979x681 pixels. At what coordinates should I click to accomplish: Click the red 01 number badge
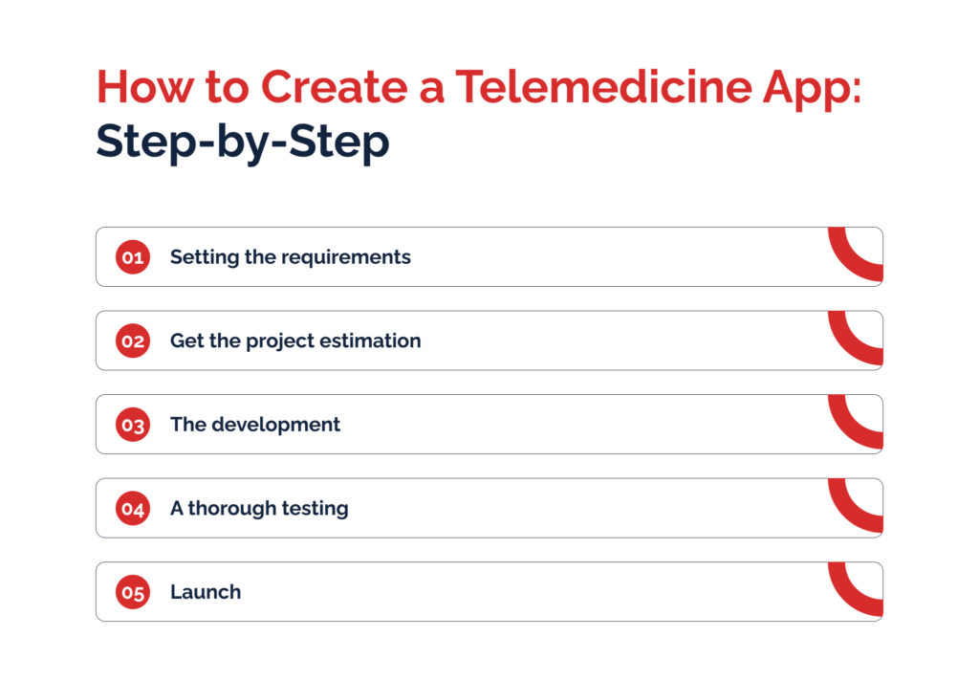pyautogui.click(x=132, y=256)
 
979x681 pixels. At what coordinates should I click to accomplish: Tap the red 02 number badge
pyautogui.click(x=132, y=340)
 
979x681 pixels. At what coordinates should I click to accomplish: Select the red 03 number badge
pyautogui.click(x=132, y=425)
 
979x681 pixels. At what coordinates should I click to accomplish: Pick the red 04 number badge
pyautogui.click(x=132, y=508)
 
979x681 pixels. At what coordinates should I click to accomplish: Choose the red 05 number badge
pyautogui.click(x=132, y=592)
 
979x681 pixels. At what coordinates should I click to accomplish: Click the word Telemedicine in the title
pyautogui.click(x=604, y=86)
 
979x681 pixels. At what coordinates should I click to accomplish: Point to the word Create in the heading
pyautogui.click(x=334, y=86)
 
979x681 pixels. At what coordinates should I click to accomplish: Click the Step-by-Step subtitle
pyautogui.click(x=243, y=143)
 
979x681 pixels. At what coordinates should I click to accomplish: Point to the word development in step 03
pyautogui.click(x=276, y=426)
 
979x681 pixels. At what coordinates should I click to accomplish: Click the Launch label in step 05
pyautogui.click(x=206, y=592)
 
